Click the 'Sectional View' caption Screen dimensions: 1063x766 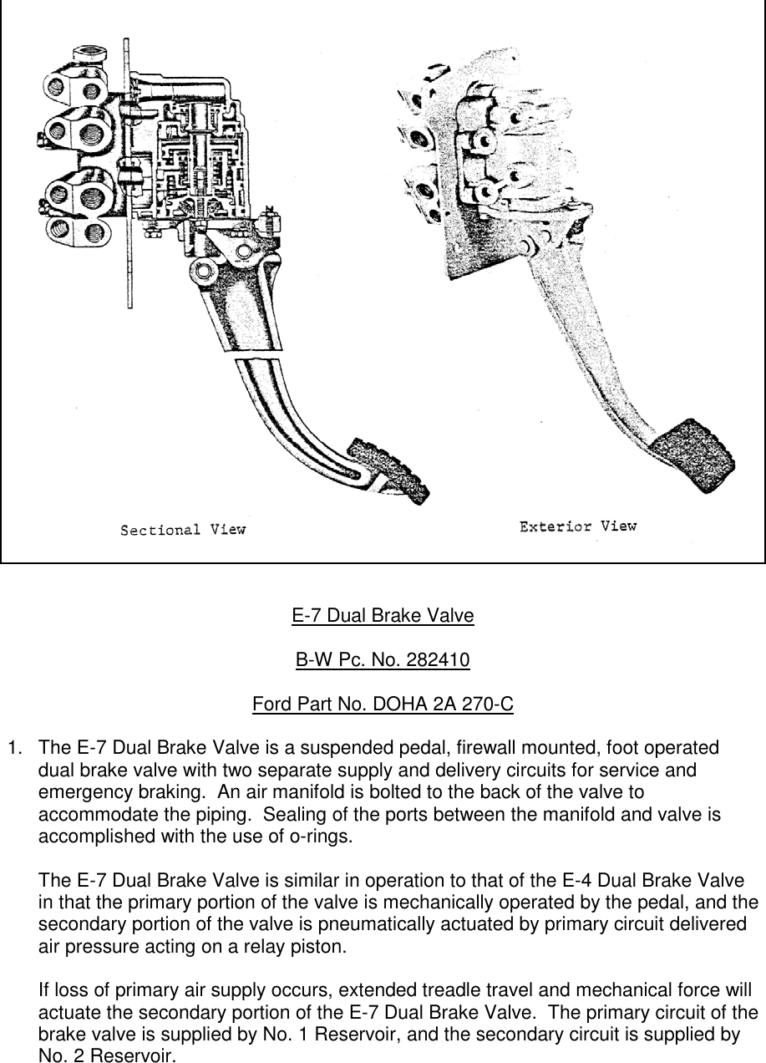coord(183,530)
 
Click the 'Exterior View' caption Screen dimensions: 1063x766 coord(577,526)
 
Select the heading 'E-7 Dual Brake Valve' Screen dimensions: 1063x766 coord(383,617)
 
